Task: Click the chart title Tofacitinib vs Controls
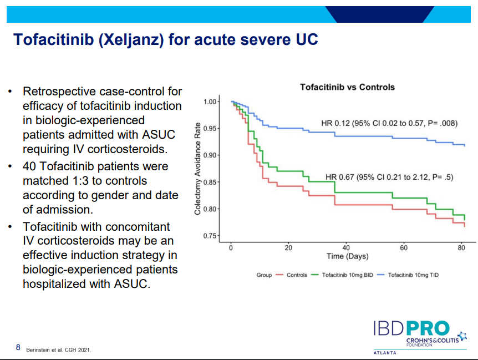[x=347, y=87]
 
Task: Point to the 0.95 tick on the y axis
[x=211, y=129]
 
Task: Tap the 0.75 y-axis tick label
[x=211, y=236]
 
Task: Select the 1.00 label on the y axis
[x=211, y=102]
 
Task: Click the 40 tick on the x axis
[x=346, y=248]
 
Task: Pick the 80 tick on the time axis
[x=461, y=248]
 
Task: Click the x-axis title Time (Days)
[x=347, y=256]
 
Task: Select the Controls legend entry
[x=296, y=275]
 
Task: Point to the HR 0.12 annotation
[x=389, y=123]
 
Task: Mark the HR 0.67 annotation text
[x=389, y=178]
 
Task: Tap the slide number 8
[x=18, y=348]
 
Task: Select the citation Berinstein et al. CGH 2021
[x=59, y=350]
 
